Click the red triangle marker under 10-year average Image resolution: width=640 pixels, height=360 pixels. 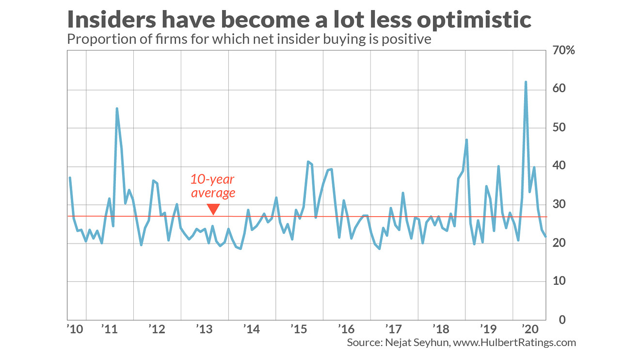213,209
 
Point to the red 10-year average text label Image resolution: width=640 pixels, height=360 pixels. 213,186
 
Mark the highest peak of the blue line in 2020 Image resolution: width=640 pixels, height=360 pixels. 526,82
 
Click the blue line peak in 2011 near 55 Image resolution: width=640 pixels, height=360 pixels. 117,109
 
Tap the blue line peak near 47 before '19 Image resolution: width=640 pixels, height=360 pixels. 466,140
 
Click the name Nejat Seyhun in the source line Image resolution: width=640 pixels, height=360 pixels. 413,343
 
